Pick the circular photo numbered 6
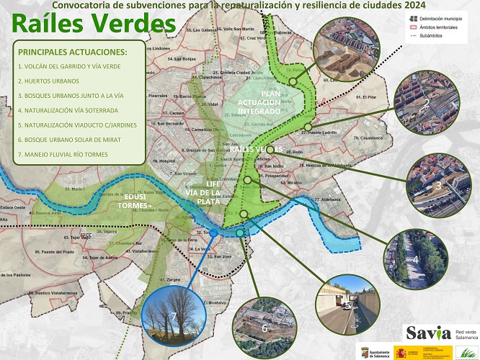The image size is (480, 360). tap(263, 325)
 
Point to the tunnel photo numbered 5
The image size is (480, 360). tap(347, 303)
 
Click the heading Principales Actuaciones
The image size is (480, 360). tap(72, 53)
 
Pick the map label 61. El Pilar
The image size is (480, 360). tap(370, 96)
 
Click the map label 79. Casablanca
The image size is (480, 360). tap(368, 137)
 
